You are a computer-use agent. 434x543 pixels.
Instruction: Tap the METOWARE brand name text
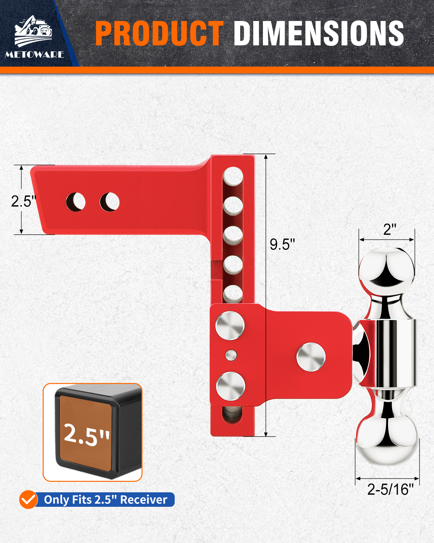pyautogui.click(x=34, y=55)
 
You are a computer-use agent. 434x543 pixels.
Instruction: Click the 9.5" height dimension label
pyautogui.click(x=282, y=244)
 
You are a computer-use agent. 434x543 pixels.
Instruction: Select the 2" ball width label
pyautogui.click(x=390, y=229)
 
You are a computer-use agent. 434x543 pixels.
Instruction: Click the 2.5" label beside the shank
pyautogui.click(x=24, y=201)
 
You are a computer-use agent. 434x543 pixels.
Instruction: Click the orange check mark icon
pyautogui.click(x=29, y=499)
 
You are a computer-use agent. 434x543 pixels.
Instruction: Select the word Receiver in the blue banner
pyautogui.click(x=144, y=499)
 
